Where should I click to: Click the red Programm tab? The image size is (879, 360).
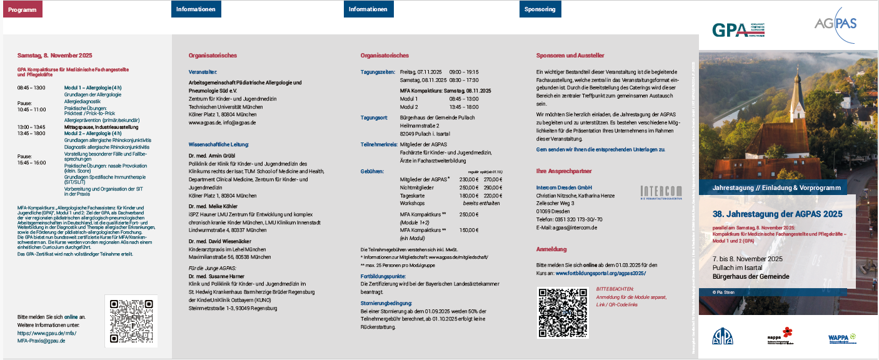tap(23, 9)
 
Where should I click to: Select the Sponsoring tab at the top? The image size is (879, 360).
tap(540, 9)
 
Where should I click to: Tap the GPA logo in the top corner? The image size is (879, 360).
tap(738, 31)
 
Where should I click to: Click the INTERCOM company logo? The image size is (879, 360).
tap(661, 193)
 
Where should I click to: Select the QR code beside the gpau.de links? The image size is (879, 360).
tap(131, 321)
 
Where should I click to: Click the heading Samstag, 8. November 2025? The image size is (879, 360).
tap(54, 55)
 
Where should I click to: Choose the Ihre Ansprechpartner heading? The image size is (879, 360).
tap(564, 171)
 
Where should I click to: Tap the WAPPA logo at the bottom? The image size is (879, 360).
tap(842, 338)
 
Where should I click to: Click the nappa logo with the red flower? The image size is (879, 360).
tap(780, 336)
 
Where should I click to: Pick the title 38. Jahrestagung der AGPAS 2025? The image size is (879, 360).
tap(777, 214)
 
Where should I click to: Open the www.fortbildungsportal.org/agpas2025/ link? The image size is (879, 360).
tap(601, 273)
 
